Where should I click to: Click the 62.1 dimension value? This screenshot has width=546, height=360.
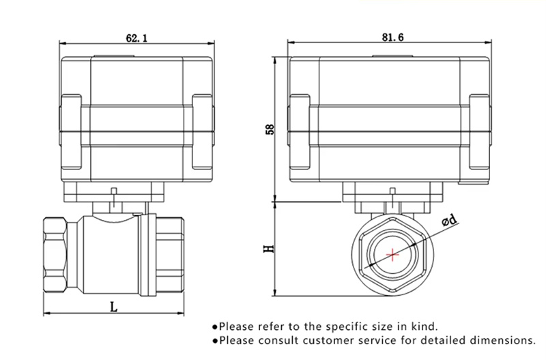click(135, 38)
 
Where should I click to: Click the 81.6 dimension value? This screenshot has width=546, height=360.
click(390, 38)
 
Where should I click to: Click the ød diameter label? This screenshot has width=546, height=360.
click(450, 220)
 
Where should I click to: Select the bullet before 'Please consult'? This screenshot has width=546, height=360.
click(215, 340)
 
